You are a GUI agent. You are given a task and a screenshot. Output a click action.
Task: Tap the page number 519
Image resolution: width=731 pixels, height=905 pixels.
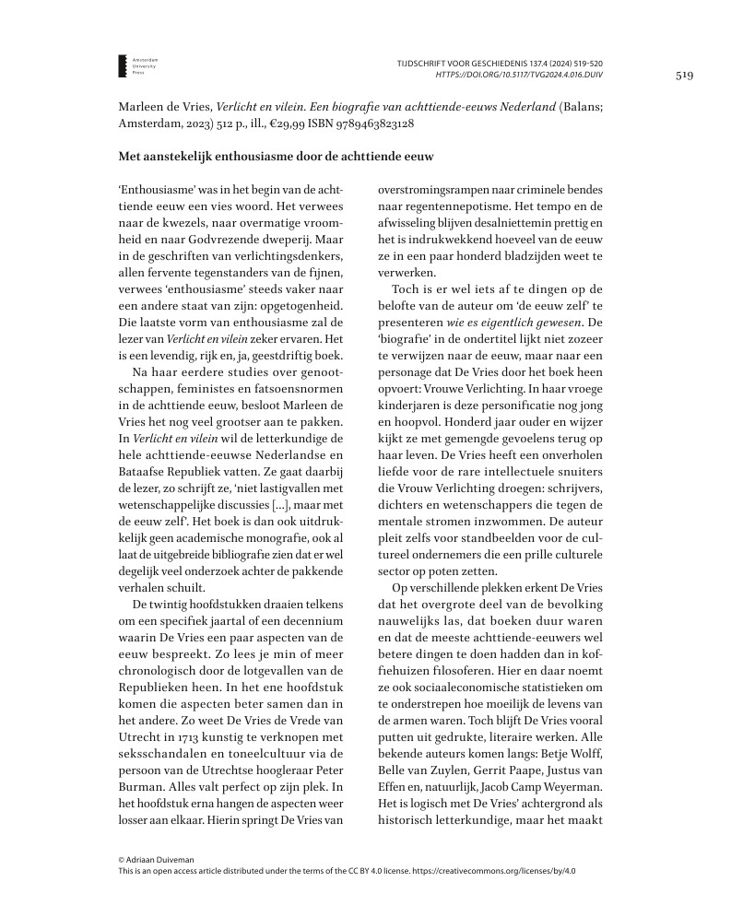[x=684, y=76]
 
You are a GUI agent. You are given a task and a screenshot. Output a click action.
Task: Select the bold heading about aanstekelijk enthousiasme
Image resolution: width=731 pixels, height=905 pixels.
[x=276, y=158]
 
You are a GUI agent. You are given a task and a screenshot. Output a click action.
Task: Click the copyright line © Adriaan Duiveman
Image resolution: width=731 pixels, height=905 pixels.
[x=156, y=859]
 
